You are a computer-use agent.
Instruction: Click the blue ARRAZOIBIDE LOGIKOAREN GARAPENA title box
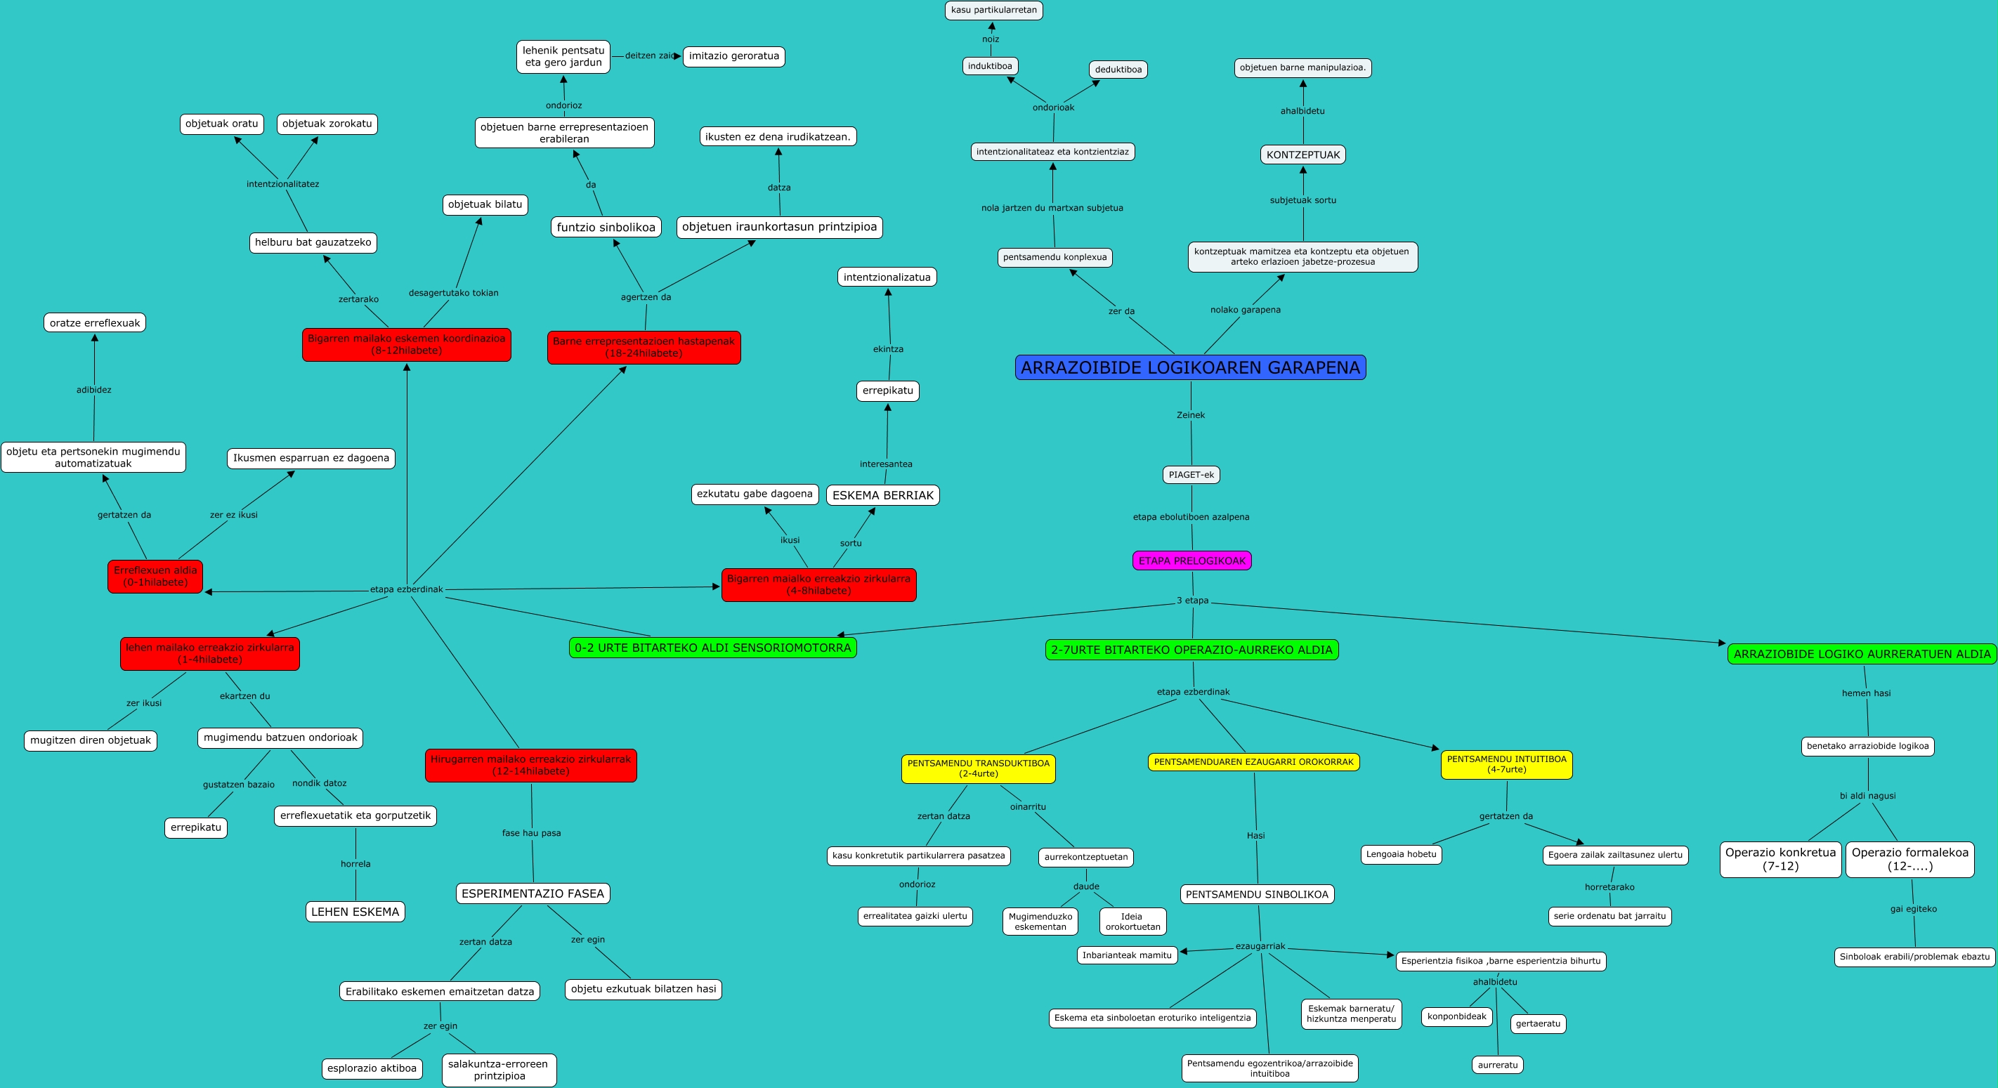(x=1190, y=367)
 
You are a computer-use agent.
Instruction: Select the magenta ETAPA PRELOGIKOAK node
(x=1191, y=561)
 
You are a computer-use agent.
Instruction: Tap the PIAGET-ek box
(x=1191, y=475)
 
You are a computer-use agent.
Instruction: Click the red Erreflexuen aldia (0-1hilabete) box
(x=155, y=576)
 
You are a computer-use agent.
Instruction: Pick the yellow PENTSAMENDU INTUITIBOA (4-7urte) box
(x=1506, y=764)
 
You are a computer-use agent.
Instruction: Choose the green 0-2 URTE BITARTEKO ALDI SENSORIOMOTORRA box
(x=712, y=648)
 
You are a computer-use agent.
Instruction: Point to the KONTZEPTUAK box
(x=1302, y=155)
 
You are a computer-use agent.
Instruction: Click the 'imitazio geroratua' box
(x=733, y=55)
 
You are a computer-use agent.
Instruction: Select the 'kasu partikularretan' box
(x=993, y=10)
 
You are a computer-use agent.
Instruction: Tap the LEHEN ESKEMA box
(x=355, y=911)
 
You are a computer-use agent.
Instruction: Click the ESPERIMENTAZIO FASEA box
(x=532, y=893)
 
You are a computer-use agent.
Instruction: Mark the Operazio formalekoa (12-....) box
(x=1909, y=858)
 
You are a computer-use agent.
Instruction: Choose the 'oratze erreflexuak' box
(x=95, y=322)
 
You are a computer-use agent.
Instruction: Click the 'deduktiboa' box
(x=1118, y=69)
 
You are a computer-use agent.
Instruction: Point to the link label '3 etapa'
(x=1192, y=601)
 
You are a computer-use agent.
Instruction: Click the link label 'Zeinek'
(x=1191, y=415)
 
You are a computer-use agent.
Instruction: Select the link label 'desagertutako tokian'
(x=453, y=292)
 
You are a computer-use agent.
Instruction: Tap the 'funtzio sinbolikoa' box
(x=606, y=227)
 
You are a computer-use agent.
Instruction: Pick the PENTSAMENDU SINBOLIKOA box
(x=1257, y=894)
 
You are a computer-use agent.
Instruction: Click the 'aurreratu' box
(x=1497, y=1065)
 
